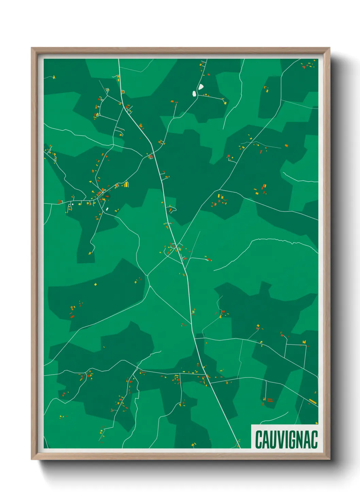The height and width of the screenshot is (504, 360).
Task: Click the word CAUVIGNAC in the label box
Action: (286, 439)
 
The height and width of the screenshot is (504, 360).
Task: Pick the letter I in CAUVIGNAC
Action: (283, 439)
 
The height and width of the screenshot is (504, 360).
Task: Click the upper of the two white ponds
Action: (201, 87)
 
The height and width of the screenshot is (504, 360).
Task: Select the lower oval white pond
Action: (194, 93)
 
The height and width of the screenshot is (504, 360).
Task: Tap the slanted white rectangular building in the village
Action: (107, 209)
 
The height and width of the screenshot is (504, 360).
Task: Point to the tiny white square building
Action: (72, 204)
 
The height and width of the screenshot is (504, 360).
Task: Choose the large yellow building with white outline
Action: (126, 185)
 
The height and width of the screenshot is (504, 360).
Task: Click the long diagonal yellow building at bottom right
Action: (313, 402)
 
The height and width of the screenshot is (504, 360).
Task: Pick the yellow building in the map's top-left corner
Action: (54, 77)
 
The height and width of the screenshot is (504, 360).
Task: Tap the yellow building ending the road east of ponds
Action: (225, 102)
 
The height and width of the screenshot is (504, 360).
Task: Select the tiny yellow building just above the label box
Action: (316, 423)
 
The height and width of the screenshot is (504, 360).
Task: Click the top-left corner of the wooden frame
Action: (32, 48)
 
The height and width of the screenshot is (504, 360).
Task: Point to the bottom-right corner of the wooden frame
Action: (329, 459)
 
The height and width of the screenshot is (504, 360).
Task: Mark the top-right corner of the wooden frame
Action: (329, 48)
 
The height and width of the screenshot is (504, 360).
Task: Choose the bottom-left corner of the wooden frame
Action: (32, 459)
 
